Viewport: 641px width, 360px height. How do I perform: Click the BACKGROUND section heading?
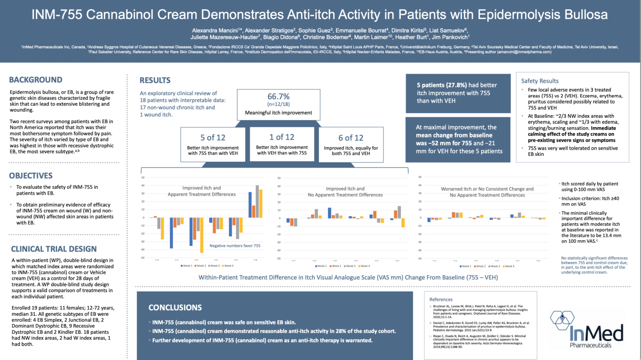(35, 80)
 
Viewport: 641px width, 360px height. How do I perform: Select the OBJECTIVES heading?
(31, 176)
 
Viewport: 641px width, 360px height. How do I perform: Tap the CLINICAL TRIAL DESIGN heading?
(54, 249)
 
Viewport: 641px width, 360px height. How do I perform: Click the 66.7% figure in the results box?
(278, 96)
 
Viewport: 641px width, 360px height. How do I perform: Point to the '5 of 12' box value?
(212, 137)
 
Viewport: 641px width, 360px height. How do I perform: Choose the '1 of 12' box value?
(282, 137)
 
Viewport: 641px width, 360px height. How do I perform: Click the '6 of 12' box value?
(351, 138)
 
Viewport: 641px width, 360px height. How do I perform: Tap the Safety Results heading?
(540, 81)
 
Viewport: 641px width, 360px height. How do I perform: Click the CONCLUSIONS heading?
(175, 308)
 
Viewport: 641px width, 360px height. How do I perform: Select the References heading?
(441, 299)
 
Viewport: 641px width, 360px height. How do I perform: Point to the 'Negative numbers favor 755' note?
(235, 246)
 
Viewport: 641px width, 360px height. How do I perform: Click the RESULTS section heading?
(155, 80)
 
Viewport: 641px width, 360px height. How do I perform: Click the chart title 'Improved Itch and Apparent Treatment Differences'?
(202, 191)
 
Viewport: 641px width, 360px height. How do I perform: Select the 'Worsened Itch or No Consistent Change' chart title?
(487, 192)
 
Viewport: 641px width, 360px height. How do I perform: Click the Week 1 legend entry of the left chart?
(186, 266)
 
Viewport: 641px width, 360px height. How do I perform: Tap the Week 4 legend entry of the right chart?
(509, 266)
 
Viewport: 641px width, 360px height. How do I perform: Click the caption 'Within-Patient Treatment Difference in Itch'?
(348, 277)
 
